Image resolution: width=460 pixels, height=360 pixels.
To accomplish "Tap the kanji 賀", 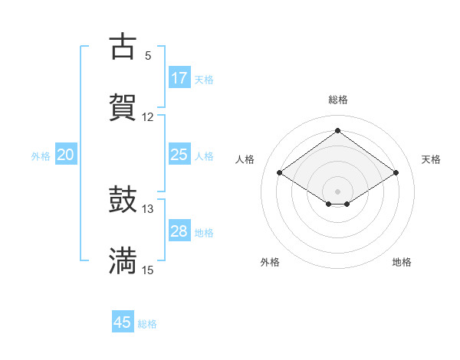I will click(x=123, y=107).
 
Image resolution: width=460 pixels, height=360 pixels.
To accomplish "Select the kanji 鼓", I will click(x=123, y=200).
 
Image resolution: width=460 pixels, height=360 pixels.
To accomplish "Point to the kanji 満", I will click(x=123, y=261).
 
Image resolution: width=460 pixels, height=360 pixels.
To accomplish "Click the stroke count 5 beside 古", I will click(x=148, y=55).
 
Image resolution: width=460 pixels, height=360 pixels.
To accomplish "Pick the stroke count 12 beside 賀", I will click(x=148, y=116).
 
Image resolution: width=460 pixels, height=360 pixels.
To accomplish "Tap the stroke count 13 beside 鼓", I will click(x=148, y=209).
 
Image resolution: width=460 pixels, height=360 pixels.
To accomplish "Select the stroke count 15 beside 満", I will click(x=148, y=270).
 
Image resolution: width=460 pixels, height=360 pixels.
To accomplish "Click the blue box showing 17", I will click(x=179, y=78).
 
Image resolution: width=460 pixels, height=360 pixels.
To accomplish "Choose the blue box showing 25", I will click(x=179, y=155).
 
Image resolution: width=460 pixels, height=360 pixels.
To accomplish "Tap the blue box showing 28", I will click(x=179, y=231).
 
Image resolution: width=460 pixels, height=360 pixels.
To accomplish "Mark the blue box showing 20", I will click(x=66, y=155).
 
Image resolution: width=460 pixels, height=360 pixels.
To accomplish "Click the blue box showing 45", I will click(x=123, y=322).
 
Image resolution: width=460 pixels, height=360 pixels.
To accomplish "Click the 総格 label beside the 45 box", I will click(x=147, y=324).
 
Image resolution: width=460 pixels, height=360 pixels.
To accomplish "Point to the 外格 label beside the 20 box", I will click(x=41, y=156).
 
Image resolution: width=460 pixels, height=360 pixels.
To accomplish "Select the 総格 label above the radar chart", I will click(x=338, y=100).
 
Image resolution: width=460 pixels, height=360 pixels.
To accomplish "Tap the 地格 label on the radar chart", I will click(x=402, y=262).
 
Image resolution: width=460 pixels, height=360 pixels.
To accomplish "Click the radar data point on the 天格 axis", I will click(x=396, y=173).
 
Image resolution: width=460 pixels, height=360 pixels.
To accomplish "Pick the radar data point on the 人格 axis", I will click(x=280, y=173).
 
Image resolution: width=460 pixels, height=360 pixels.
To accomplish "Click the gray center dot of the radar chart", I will click(x=338, y=190).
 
